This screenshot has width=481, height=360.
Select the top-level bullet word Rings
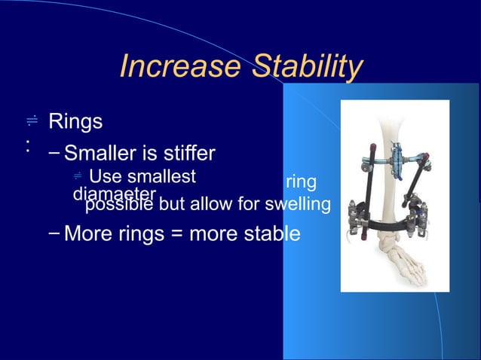click(x=75, y=121)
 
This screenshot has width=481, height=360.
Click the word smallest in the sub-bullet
click(x=160, y=178)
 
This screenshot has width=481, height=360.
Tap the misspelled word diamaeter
click(x=113, y=194)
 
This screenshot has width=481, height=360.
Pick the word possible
click(x=117, y=205)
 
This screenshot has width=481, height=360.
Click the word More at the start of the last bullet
click(x=88, y=233)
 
